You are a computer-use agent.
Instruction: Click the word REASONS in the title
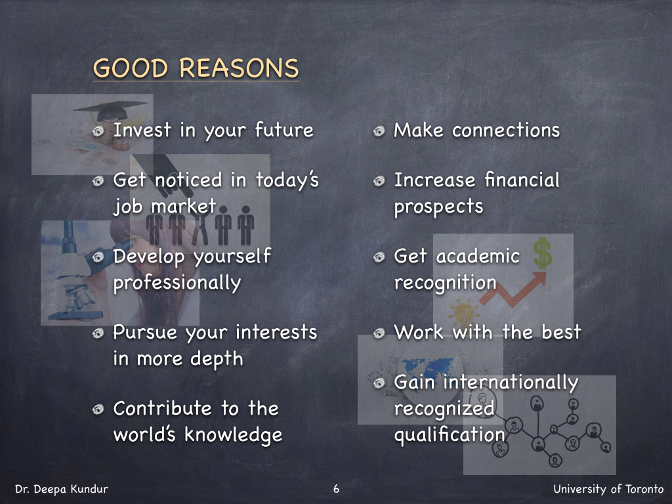click(239, 68)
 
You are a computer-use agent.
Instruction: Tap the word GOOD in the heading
click(131, 68)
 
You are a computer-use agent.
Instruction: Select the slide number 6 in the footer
click(336, 488)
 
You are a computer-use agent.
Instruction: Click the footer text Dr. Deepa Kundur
click(62, 489)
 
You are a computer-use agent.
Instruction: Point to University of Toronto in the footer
click(608, 489)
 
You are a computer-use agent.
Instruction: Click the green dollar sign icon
click(543, 253)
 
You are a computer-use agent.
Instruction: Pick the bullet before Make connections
click(379, 131)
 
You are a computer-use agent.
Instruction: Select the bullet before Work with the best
click(379, 333)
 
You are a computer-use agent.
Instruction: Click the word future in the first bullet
click(284, 130)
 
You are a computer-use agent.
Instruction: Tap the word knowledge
click(234, 434)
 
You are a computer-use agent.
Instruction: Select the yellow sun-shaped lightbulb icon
click(463, 312)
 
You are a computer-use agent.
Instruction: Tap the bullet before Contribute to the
click(98, 409)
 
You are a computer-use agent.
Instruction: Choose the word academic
click(478, 257)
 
